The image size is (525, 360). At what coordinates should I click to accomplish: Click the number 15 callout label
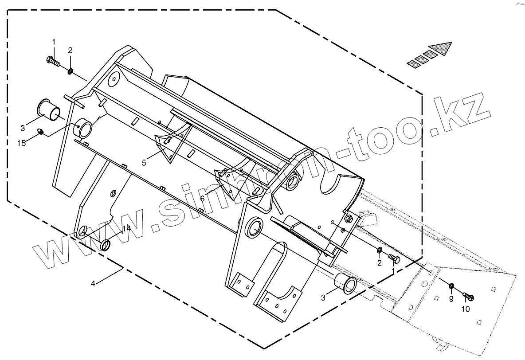21,143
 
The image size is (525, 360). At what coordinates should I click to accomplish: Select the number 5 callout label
144,163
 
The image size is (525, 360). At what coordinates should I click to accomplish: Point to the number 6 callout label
202,199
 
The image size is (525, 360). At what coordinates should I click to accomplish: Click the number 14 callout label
126,229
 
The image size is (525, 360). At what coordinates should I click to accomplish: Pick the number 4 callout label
93,284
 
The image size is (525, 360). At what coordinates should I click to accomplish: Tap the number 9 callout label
451,299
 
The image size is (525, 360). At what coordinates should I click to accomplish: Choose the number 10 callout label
466,309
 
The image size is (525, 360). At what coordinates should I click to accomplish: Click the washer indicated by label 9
451,286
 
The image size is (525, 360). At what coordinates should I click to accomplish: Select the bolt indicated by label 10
468,296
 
